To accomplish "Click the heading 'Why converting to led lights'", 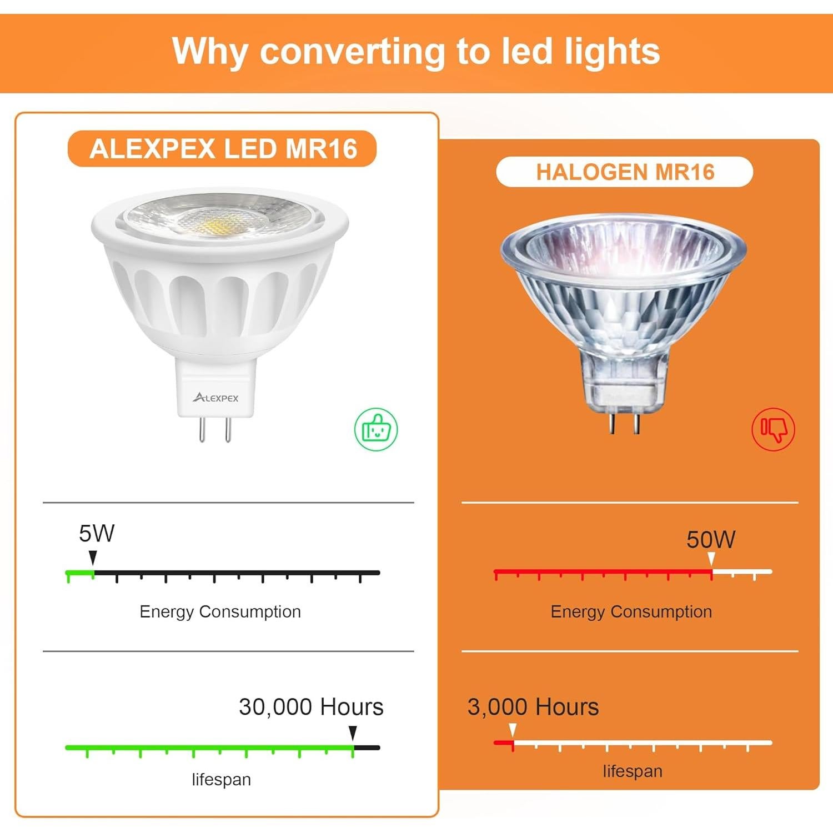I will (x=416, y=52).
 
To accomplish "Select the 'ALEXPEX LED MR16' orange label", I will (x=223, y=149).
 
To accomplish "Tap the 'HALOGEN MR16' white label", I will (x=625, y=172).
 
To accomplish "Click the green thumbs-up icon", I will (x=376, y=429).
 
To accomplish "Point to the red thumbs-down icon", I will (x=773, y=429).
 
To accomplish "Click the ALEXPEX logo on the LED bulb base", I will (x=215, y=398).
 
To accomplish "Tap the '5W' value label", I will (x=97, y=534).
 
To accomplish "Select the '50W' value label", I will (x=711, y=540).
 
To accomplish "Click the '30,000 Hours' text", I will (x=311, y=707).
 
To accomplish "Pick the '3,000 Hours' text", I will (x=533, y=707).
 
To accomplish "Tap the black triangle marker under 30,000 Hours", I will (x=353, y=733).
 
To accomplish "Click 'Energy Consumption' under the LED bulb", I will (x=220, y=612).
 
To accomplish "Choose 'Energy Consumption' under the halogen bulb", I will (x=631, y=612).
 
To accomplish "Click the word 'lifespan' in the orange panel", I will (x=633, y=771).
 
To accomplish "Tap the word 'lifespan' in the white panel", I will (x=221, y=780).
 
